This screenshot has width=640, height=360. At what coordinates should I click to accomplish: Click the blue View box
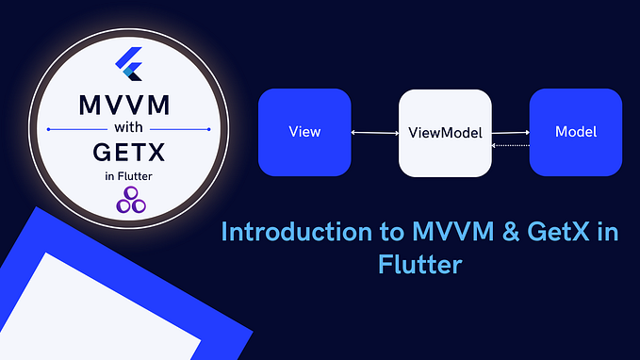pyautogui.click(x=304, y=132)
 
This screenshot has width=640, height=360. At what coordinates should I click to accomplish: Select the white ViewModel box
pyautogui.click(x=445, y=133)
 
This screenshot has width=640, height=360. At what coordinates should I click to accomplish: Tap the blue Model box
pyautogui.click(x=575, y=132)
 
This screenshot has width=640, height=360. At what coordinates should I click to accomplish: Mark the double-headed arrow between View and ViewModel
pyautogui.click(x=374, y=133)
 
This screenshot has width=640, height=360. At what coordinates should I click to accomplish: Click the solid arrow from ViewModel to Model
pyautogui.click(x=510, y=133)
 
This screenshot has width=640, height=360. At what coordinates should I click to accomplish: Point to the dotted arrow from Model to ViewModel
pyautogui.click(x=510, y=145)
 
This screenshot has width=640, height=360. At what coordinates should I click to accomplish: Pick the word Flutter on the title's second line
pyautogui.click(x=416, y=263)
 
